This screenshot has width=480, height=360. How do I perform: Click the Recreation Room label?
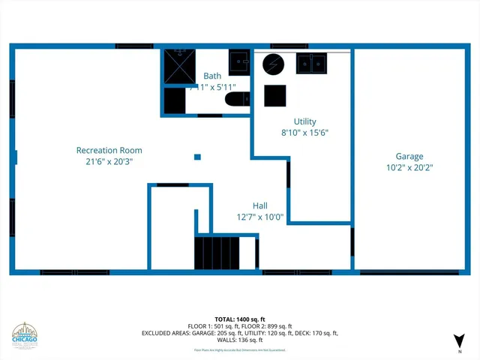pyautogui.click(x=109, y=150)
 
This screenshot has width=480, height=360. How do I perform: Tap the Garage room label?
pyautogui.click(x=404, y=157)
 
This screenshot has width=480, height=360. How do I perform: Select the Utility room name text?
pyautogui.click(x=304, y=121)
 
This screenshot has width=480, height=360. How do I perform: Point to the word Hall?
pyautogui.click(x=259, y=205)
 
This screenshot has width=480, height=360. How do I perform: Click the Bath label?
pyautogui.click(x=213, y=76)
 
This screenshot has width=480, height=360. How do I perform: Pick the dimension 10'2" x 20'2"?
pyautogui.click(x=404, y=168)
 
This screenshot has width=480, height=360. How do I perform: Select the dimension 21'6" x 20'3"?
pyautogui.click(x=109, y=161)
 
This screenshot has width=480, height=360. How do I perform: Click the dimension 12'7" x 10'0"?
pyautogui.click(x=259, y=217)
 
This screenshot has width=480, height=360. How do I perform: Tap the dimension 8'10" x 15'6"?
pyautogui.click(x=304, y=133)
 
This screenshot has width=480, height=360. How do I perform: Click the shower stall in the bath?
pyautogui.click(x=180, y=67)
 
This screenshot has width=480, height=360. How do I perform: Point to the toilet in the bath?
pyautogui.click(x=239, y=100)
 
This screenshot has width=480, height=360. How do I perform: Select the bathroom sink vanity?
pyautogui.click(x=239, y=63)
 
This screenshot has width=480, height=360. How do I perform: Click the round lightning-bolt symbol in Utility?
pyautogui.click(x=273, y=64)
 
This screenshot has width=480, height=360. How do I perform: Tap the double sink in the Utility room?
pyautogui.click(x=310, y=63)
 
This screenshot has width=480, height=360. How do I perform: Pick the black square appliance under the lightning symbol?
pyautogui.click(x=274, y=95)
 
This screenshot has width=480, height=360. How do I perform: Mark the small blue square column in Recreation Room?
pyautogui.click(x=197, y=157)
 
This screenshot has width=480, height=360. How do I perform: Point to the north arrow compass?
pyautogui.click(x=458, y=341)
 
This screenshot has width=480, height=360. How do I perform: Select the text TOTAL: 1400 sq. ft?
pyautogui.click(x=239, y=319)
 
